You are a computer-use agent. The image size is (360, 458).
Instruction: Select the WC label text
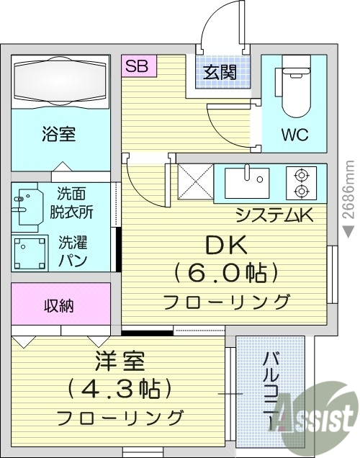pyautogui.click(x=296, y=135)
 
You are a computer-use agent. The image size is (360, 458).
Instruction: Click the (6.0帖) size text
pyautogui.click(x=226, y=273)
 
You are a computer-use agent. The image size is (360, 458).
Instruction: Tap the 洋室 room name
pyautogui.click(x=119, y=361)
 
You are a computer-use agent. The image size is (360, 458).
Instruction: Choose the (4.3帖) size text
pyautogui.click(x=120, y=388)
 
